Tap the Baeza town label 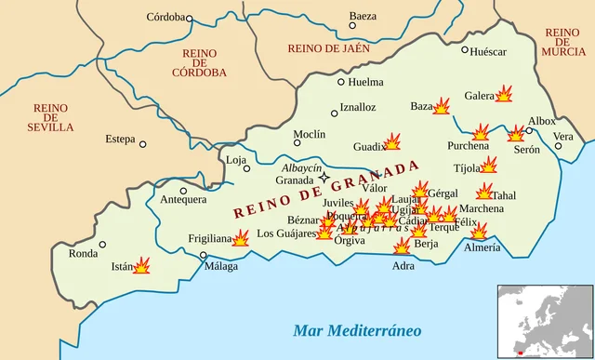pyautogui.click(x=363, y=16)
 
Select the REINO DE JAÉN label pyautogui.click(x=328, y=48)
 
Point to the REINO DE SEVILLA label pyautogui.click(x=50, y=117)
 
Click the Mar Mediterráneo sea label pyautogui.click(x=357, y=330)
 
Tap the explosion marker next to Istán pyautogui.click(x=142, y=265)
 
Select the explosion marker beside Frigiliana pyautogui.click(x=241, y=238)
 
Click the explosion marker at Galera pyautogui.click(x=505, y=94)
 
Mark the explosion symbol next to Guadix pyautogui.click(x=392, y=141)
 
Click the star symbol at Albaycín pyautogui.click(x=324, y=177)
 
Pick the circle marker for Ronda pyautogui.click(x=102, y=245)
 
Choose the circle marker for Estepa pyautogui.click(x=143, y=143)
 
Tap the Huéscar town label pyautogui.click(x=489, y=51)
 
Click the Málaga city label pyautogui.click(x=221, y=266)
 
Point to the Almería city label pyautogui.click(x=482, y=247)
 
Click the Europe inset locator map pyautogui.click(x=545, y=322)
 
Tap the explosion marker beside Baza pyautogui.click(x=442, y=107)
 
